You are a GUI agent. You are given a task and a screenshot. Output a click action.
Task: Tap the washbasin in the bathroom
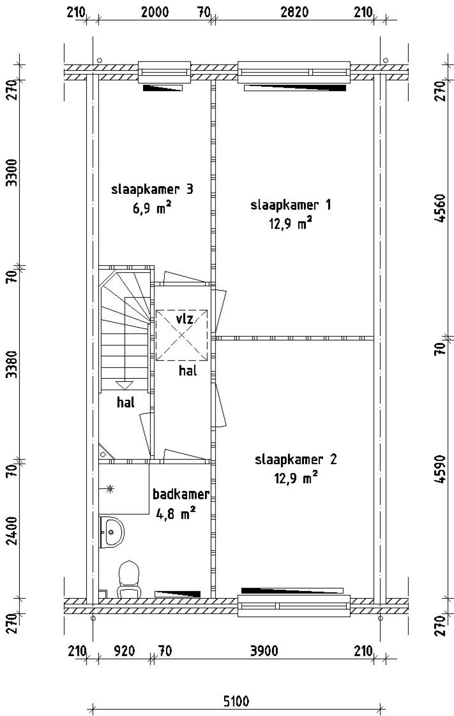pyautogui.click(x=111, y=532)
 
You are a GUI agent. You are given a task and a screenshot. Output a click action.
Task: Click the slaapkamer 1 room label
pyautogui.click(x=291, y=205)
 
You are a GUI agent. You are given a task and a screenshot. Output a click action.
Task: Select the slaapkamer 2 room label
pyautogui.click(x=296, y=460)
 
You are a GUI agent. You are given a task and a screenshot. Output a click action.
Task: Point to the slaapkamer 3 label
pyautogui.click(x=152, y=189)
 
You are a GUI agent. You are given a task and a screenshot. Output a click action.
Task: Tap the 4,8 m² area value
pyautogui.click(x=176, y=513)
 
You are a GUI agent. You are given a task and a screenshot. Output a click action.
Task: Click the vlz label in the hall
pyautogui.click(x=185, y=319)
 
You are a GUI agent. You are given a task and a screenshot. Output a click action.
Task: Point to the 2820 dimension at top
pyautogui.click(x=294, y=12)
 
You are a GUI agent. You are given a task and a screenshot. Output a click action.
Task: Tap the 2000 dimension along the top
pyautogui.click(x=155, y=12)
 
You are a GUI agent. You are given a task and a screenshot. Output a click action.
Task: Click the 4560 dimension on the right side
pyautogui.click(x=440, y=208)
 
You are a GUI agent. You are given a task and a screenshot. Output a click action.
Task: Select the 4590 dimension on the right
pyautogui.click(x=440, y=469)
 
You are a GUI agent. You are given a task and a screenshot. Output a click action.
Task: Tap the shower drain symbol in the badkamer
pyautogui.click(x=110, y=489)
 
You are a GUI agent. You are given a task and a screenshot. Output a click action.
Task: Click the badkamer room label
pyautogui.click(x=181, y=494)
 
